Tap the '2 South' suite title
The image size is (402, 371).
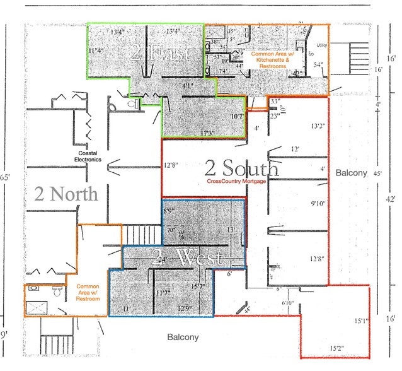tap(241, 168)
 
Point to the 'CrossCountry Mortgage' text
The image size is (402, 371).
tap(236, 182)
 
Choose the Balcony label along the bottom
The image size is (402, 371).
tap(183, 338)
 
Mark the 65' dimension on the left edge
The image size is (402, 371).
tap(7, 178)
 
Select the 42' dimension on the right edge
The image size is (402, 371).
tap(391, 199)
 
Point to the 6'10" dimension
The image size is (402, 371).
tap(287, 303)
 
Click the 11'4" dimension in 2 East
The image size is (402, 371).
tap(96, 50)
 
